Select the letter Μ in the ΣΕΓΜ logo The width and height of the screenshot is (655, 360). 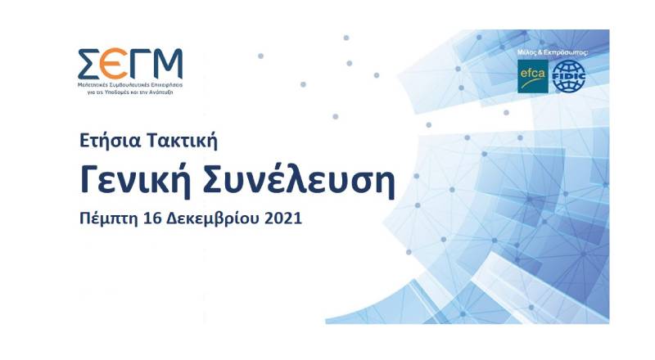[x=166, y=62]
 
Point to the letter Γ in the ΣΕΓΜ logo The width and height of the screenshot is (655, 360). [x=138, y=62]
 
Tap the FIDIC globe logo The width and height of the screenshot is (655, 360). [x=569, y=75]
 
